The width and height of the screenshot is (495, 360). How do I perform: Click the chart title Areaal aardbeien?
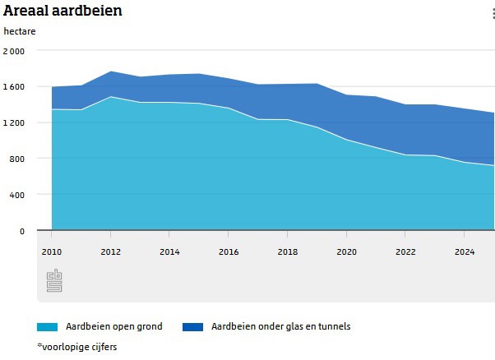62,12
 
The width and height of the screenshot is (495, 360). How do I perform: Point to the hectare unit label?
20,32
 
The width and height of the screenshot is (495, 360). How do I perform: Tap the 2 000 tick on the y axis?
14,51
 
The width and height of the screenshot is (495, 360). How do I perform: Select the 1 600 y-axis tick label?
14,86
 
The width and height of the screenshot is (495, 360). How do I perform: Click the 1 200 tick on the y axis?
14,122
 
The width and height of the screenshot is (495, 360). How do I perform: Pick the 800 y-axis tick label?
18,159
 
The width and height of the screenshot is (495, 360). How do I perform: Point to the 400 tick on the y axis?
18,195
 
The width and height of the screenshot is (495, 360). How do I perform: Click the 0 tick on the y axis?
22,231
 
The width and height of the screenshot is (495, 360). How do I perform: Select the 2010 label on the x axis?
51,252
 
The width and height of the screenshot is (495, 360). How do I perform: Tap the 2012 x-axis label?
110,252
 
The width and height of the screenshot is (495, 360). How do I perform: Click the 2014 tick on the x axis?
169,252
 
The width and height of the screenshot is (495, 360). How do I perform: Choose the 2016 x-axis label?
229,252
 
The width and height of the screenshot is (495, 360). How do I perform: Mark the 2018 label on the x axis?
287,252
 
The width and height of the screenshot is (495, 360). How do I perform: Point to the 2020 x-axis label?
346,252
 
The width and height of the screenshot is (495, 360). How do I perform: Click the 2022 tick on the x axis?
405,252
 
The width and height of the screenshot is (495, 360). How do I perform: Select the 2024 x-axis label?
465,252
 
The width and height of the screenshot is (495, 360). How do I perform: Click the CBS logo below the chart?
54,280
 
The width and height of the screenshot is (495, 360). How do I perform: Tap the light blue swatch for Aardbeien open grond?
47,326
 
